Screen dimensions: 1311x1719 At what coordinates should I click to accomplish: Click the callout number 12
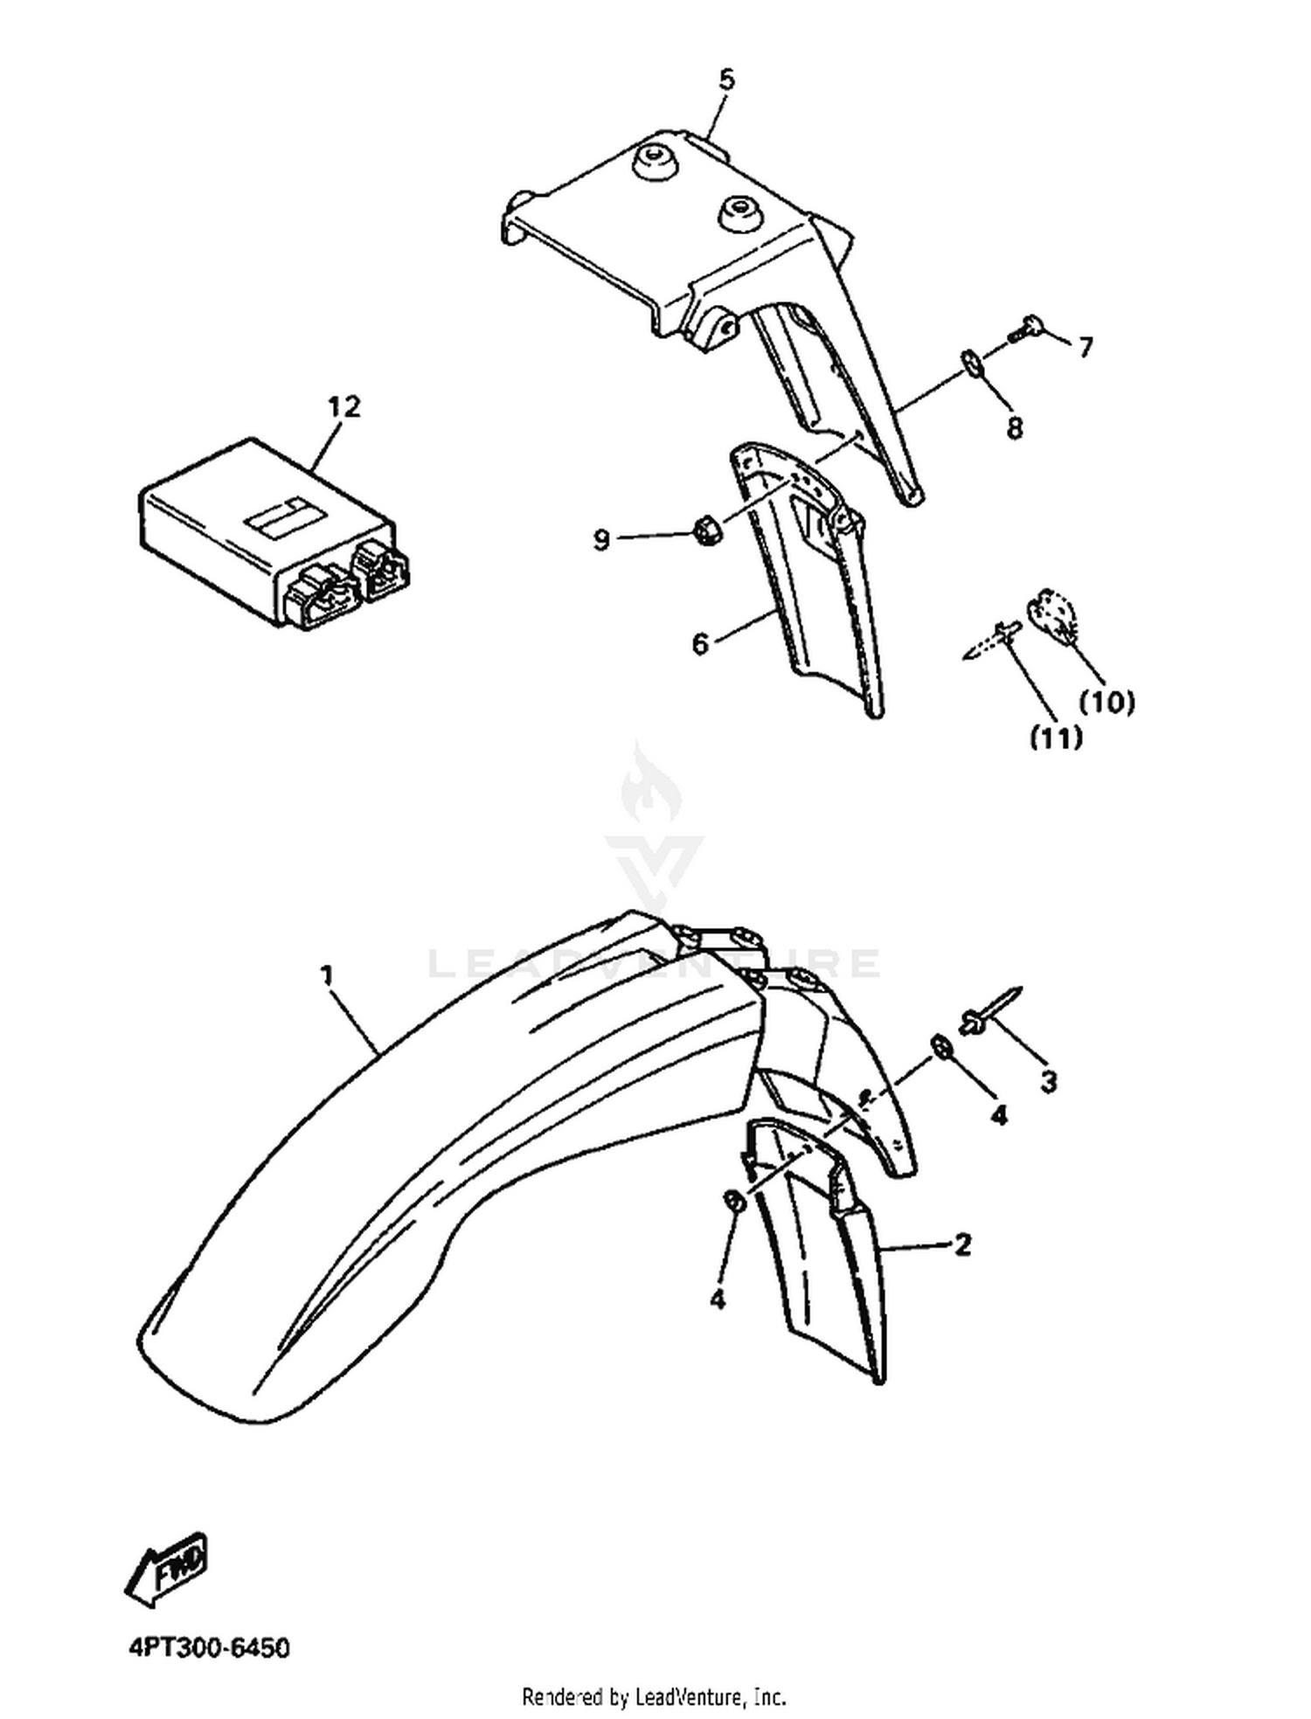pos(343,407)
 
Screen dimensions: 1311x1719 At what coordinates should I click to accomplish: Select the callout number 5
pos(727,80)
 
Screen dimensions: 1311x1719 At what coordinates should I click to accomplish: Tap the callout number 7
pos(1085,348)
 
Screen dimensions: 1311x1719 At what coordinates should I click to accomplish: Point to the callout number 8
pos(1014,428)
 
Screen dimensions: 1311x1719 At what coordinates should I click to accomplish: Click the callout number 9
pos(601,540)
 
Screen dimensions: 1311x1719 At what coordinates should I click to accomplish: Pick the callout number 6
pos(700,644)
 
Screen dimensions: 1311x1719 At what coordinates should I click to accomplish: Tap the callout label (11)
pos(1056,738)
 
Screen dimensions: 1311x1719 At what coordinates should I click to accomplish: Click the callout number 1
pos(328,974)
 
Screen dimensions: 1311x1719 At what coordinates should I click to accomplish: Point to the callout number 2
pos(962,1244)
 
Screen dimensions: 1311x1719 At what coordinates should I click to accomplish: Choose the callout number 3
pos(1049,1082)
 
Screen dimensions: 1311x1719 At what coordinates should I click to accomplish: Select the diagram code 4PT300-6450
pos(209,1648)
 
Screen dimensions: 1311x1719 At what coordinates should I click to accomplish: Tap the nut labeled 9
pos(705,529)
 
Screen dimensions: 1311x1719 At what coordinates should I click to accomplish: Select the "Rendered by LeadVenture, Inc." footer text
pos(654,1697)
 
